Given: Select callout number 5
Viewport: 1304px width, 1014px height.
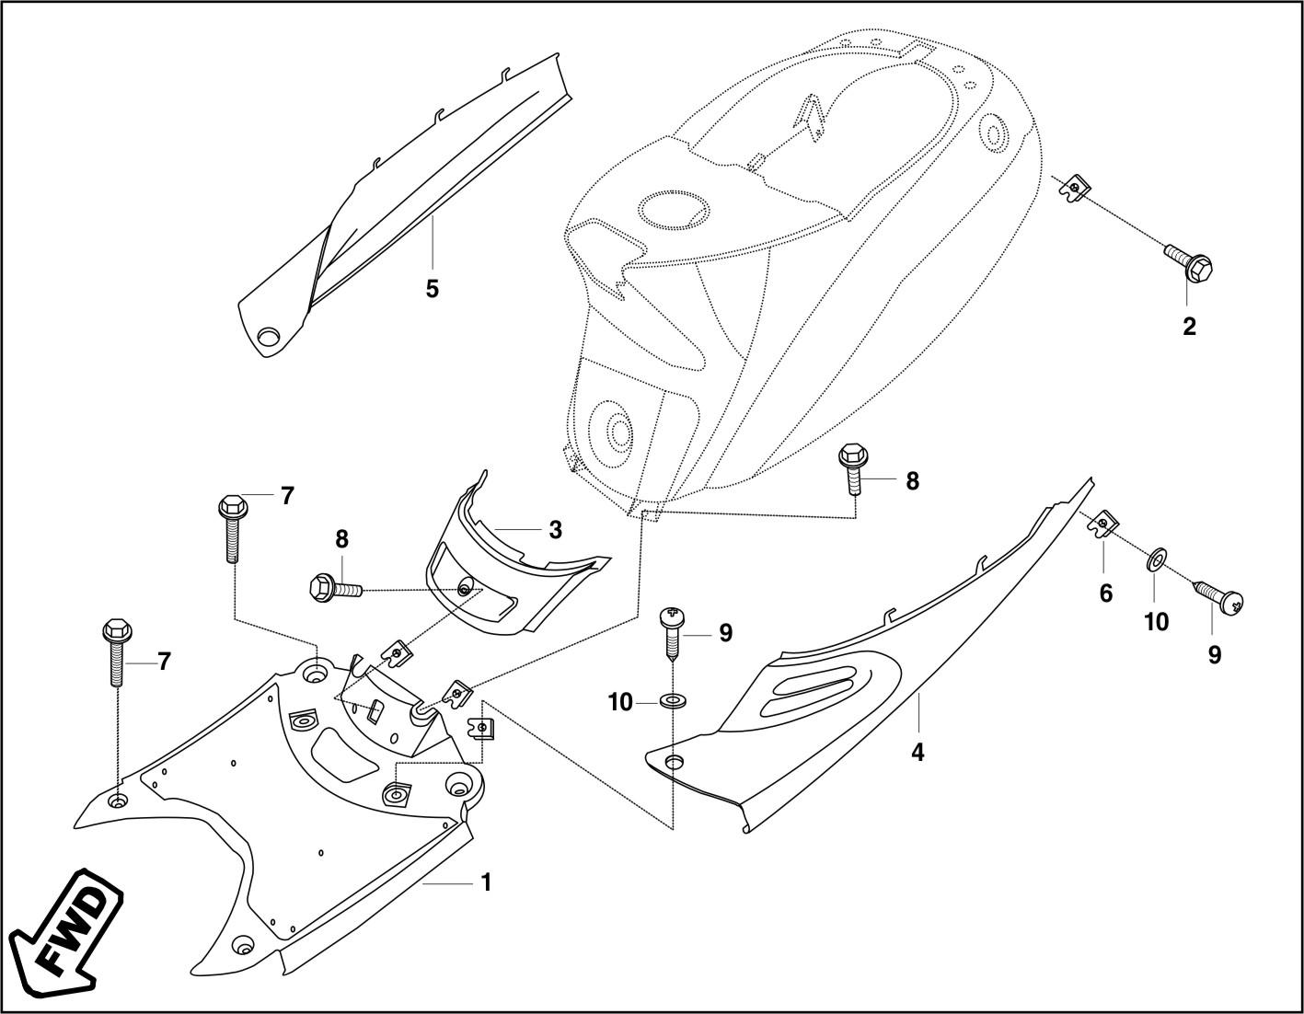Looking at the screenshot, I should [432, 289].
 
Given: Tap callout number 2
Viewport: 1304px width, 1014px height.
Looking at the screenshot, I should [1189, 327].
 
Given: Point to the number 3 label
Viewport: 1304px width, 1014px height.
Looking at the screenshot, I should [555, 530].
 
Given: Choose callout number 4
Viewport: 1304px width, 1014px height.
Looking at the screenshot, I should [917, 753].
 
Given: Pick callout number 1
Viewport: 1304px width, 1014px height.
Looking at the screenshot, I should [486, 882].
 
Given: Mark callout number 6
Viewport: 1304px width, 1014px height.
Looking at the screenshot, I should [1105, 594].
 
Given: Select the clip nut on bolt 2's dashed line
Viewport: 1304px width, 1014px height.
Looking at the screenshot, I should [1074, 190].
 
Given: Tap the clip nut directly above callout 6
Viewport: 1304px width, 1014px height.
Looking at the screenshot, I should [1103, 525].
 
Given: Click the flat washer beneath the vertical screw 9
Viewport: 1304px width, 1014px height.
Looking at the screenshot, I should [674, 702].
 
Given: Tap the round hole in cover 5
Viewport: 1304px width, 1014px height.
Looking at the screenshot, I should [269, 338].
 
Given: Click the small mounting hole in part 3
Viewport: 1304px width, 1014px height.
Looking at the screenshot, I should [467, 589].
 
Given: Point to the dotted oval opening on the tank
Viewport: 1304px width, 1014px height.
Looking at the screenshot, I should [674, 209].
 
